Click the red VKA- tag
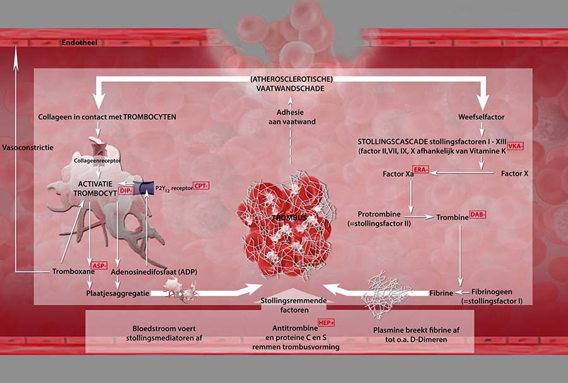[516, 146]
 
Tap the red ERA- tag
[420, 171]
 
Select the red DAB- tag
[478, 215]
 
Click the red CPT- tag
[201, 186]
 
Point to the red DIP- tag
[125, 190]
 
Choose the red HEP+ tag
[326, 322]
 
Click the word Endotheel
[79, 44]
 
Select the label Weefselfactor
[482, 117]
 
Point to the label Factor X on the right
[514, 173]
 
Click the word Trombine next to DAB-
[452, 217]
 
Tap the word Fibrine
[441, 293]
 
